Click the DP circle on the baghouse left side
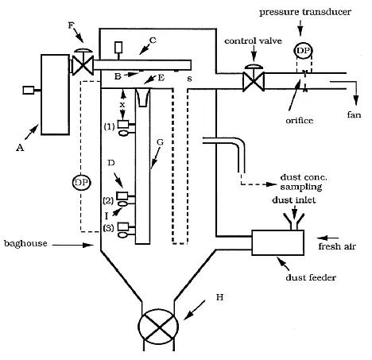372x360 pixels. (x=80, y=182)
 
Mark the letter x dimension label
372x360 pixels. (x=122, y=104)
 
